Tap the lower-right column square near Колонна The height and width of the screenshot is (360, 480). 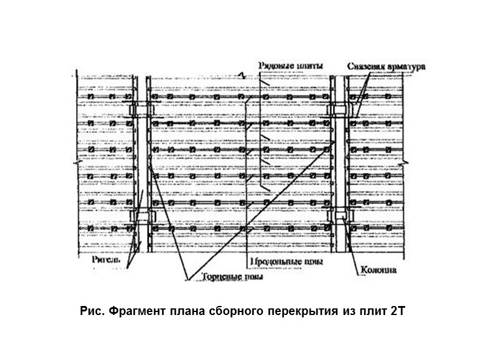pyautogui.click(x=339, y=215)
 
